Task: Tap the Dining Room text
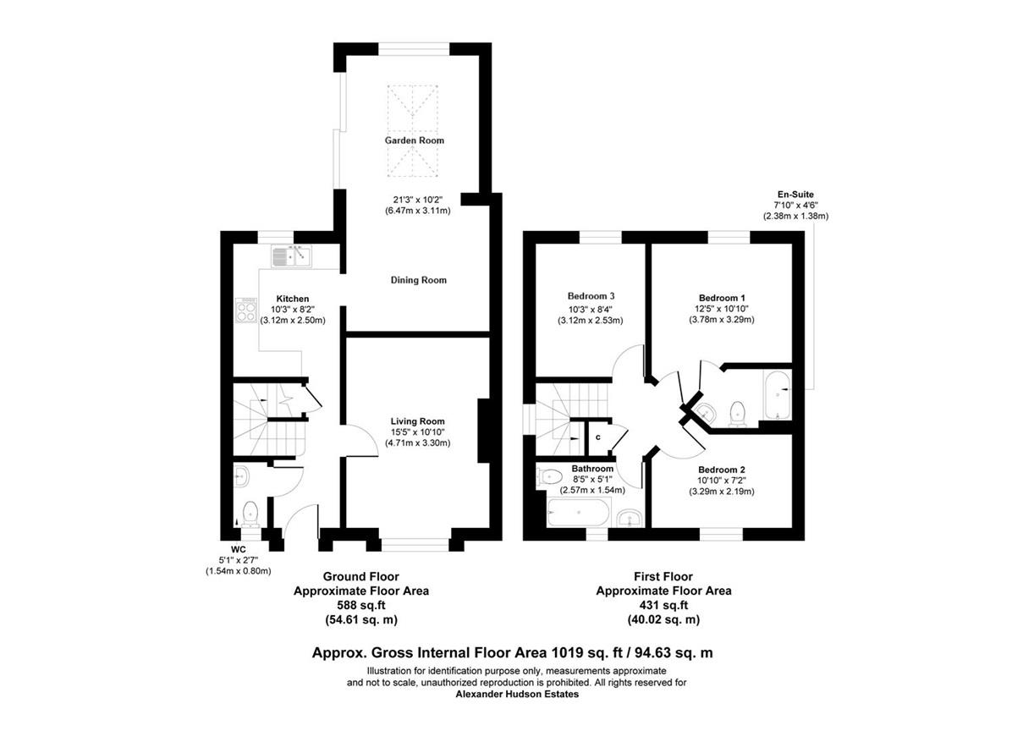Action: tap(418, 280)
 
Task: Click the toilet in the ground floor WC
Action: tap(250, 513)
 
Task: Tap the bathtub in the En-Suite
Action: tap(777, 394)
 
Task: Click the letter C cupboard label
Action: tap(597, 437)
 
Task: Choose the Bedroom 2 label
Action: tap(722, 470)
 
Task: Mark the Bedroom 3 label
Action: tap(591, 296)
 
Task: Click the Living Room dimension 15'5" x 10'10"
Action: tap(417, 431)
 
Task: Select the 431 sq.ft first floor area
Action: tap(663, 605)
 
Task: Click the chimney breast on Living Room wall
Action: tap(484, 431)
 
